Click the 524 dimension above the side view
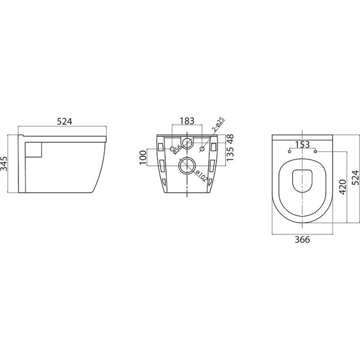coord(65,121)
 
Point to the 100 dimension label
coord(143,159)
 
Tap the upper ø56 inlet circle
coord(187,144)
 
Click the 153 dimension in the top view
coord(302,145)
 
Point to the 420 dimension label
coord(343,187)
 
